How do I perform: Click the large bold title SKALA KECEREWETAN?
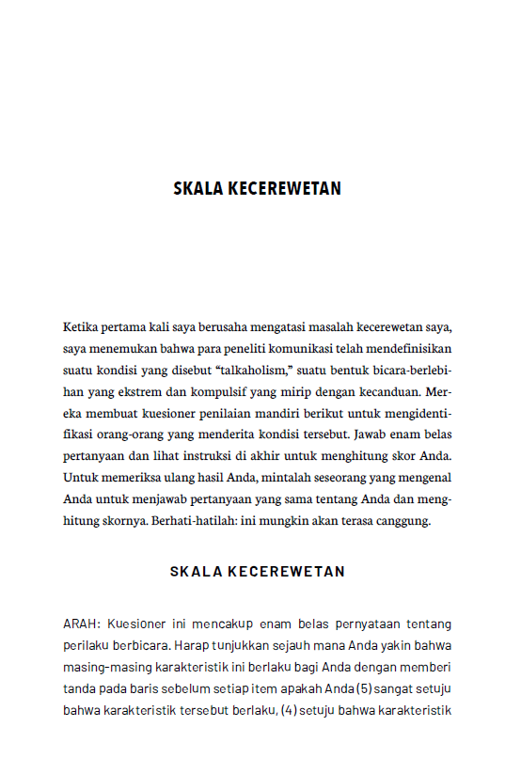click(x=257, y=188)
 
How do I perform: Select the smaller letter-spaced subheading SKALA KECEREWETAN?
click(x=257, y=571)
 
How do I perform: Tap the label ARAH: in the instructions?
click(x=82, y=623)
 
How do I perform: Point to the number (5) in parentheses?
click(x=362, y=687)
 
